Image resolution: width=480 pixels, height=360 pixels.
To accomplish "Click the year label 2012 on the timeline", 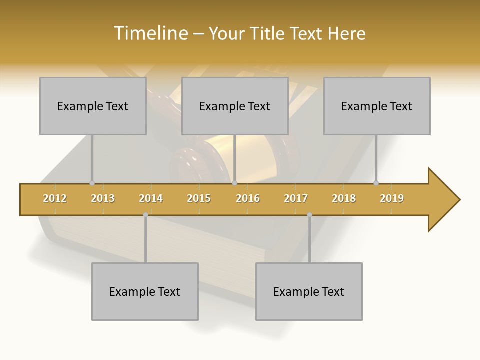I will (55, 199).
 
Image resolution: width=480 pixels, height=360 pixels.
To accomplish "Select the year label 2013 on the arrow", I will (103, 199).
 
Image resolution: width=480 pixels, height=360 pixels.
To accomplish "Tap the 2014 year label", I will (151, 199).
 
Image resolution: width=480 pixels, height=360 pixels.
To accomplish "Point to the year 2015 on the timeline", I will (199, 199).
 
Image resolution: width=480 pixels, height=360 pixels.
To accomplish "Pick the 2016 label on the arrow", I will (248, 199).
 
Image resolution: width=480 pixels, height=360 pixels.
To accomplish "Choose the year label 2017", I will (296, 199).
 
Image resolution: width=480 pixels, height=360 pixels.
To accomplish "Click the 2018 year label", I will (344, 199).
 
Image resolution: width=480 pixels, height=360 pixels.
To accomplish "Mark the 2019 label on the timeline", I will (392, 199).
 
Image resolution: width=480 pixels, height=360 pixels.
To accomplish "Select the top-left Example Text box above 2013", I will (93, 106).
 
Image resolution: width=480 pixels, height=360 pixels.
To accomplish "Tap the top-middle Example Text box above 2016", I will (235, 106).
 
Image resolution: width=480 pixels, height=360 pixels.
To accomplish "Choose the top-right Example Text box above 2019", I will (377, 106).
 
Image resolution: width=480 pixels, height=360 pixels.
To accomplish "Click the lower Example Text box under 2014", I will (145, 291).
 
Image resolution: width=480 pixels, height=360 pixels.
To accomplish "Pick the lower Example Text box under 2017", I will (309, 291).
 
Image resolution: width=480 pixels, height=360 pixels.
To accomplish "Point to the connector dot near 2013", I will (92, 183).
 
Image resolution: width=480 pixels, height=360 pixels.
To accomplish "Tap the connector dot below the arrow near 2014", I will (145, 215).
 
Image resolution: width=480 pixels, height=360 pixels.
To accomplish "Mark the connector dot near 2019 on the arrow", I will (376, 183).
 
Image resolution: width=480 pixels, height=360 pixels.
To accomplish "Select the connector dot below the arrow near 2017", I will (309, 215).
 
